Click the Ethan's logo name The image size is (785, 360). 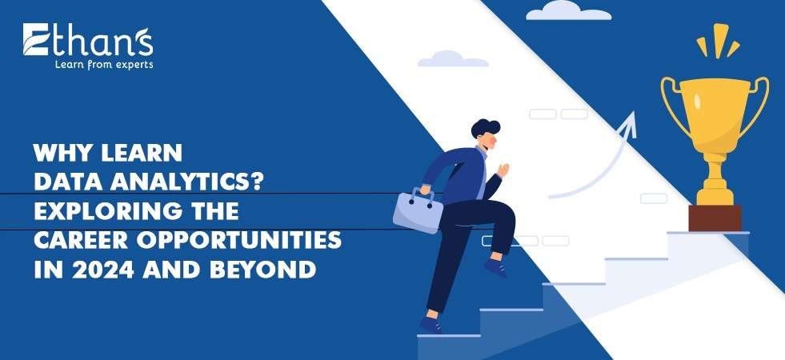[x=87, y=41]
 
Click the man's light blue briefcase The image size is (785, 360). [x=418, y=210]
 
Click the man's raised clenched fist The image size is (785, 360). [x=504, y=170]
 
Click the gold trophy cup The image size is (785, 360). [x=714, y=112]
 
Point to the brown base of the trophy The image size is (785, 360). [x=715, y=218]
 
